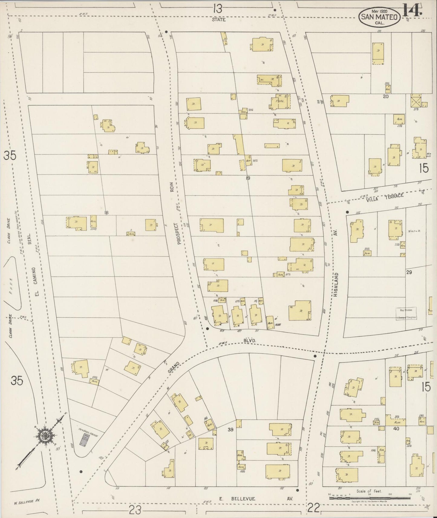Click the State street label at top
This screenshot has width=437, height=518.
coord(218,20)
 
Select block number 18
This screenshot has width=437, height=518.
coord(106,213)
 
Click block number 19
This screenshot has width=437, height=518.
coord(248,178)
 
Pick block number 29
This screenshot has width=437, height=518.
coord(409,272)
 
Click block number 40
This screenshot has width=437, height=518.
coord(396,428)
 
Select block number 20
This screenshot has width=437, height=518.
coord(385,97)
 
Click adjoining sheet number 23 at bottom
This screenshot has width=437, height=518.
coord(135,510)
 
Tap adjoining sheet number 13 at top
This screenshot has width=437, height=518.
coord(217,9)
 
